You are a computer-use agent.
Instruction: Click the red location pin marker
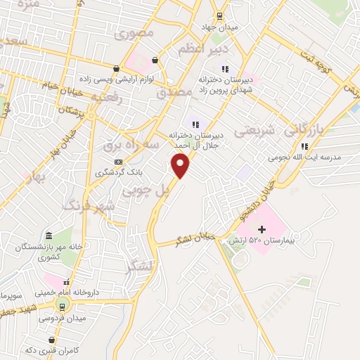[x=181, y=167]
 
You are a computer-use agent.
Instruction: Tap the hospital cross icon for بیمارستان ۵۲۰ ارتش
[x=262, y=229]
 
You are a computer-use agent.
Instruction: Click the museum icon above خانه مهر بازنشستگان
[x=48, y=236]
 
